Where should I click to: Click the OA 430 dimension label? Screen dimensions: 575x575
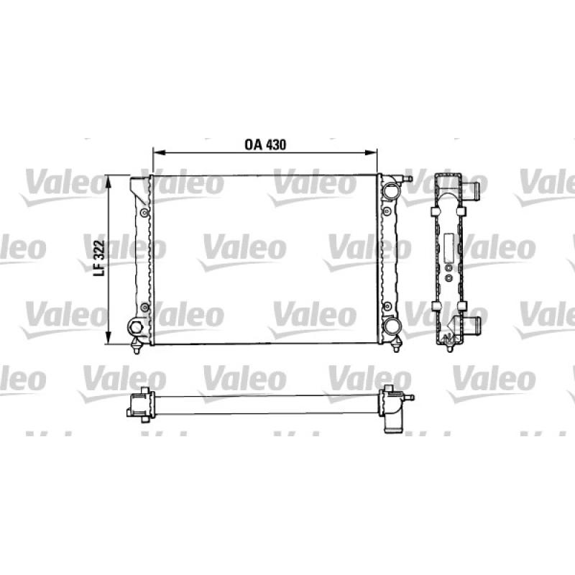tap(265, 144)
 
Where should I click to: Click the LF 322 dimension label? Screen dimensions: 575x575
tap(99, 258)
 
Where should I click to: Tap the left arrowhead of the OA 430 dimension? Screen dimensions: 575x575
tap(157, 152)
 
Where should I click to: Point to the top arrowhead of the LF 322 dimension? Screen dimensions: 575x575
tap(109, 181)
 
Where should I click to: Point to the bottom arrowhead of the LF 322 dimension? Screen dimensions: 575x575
tap(109, 339)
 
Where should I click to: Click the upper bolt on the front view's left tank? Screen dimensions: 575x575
tap(144, 212)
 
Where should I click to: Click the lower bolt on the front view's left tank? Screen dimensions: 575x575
tap(144, 308)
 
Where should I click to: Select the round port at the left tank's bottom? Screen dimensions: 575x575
tap(135, 327)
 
